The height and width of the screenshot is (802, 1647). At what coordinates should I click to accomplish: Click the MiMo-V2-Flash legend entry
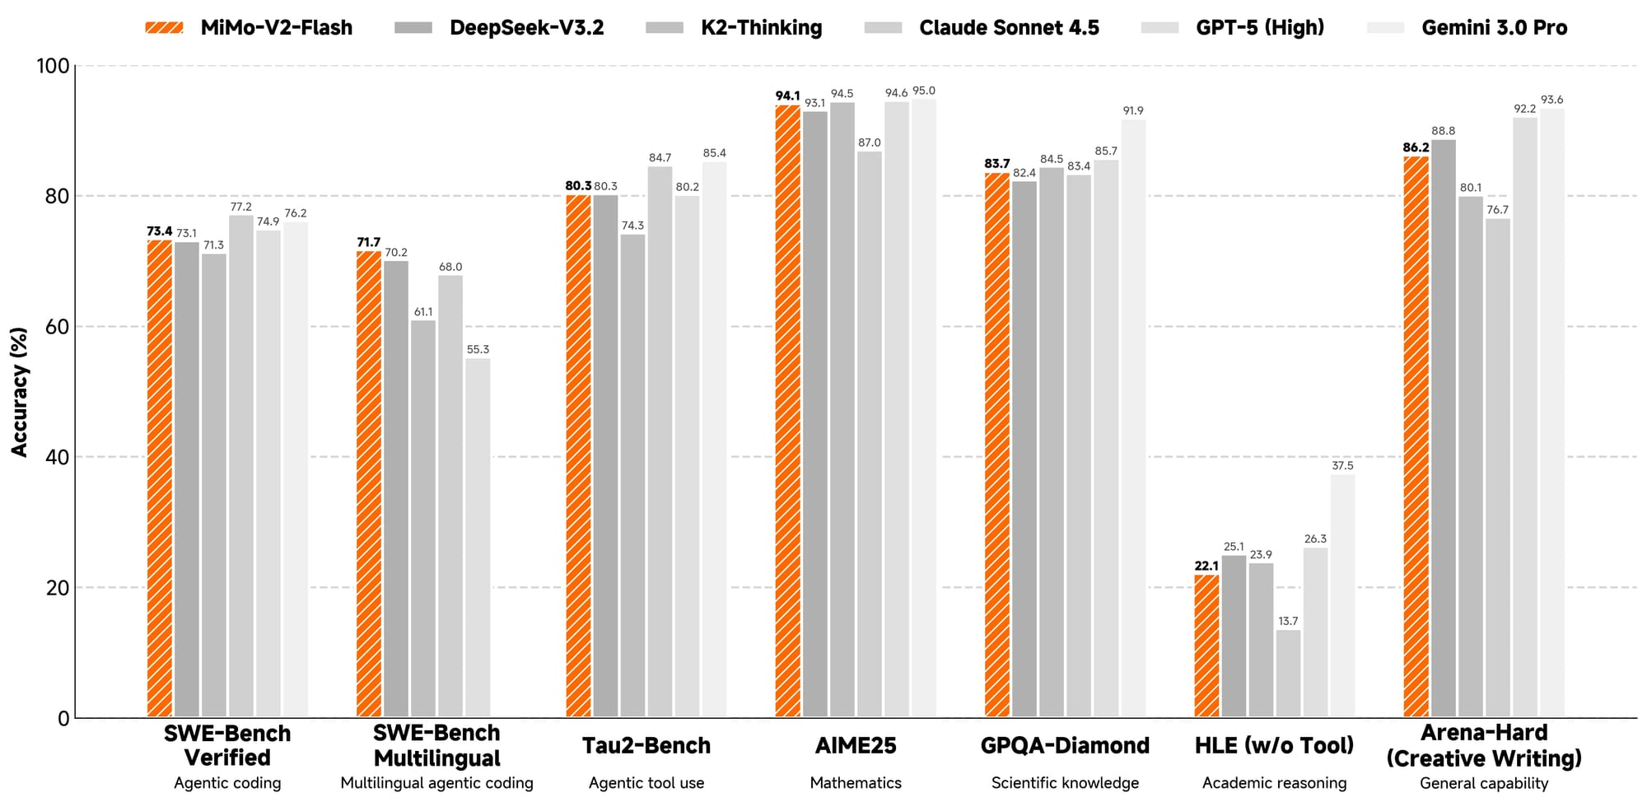tap(250, 28)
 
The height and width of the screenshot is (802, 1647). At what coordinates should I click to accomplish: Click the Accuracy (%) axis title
tap(20, 392)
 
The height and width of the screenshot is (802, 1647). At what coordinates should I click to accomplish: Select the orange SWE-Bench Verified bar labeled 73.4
tap(160, 478)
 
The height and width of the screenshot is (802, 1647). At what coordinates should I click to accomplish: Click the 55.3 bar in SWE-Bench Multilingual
tap(478, 538)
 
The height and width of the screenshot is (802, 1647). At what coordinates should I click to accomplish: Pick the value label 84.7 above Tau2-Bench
tap(660, 158)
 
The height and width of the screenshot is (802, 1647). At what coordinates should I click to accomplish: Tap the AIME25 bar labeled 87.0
tap(870, 434)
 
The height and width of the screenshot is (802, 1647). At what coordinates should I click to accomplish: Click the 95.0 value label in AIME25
tap(924, 91)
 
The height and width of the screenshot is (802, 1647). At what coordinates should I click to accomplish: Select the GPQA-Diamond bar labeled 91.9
tap(1132, 418)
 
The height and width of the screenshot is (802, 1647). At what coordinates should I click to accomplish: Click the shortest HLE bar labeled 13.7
tap(1288, 674)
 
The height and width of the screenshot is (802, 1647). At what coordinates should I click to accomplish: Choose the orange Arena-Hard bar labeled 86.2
tap(1416, 436)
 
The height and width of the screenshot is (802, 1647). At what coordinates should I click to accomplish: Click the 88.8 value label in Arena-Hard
tap(1444, 131)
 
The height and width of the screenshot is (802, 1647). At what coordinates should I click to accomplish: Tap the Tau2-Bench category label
tap(646, 746)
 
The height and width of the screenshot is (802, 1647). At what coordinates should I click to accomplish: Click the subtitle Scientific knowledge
tap(1065, 783)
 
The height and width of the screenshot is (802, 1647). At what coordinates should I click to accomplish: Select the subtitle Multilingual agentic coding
tap(436, 783)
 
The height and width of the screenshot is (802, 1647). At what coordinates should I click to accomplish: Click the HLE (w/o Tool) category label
tap(1274, 746)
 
